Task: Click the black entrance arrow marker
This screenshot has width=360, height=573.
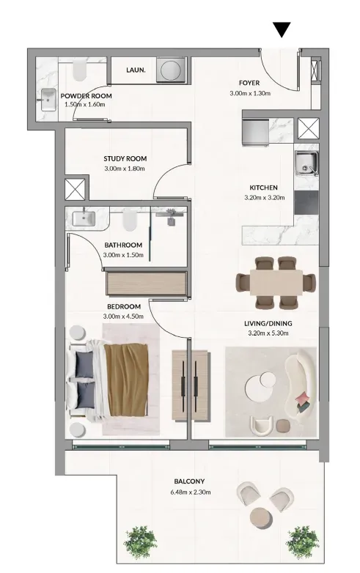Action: click(282, 29)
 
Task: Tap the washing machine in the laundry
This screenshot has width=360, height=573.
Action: click(171, 70)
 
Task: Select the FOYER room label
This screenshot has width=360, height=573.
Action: click(249, 83)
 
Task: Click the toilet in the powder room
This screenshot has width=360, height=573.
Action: click(79, 70)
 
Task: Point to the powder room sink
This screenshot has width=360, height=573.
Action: click(48, 99)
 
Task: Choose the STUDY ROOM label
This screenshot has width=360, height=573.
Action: click(125, 158)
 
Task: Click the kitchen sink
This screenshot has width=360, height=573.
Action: click(306, 163)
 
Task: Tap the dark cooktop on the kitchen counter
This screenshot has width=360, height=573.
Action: click(306, 202)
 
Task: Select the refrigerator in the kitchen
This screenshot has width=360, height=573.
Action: click(255, 133)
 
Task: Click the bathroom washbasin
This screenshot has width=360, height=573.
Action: click(84, 218)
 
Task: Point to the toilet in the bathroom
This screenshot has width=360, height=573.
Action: click(129, 220)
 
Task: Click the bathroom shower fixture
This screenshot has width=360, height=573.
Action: click(171, 216)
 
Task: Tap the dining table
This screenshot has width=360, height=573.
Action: click(276, 283)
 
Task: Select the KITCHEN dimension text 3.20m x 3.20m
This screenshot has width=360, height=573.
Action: click(264, 198)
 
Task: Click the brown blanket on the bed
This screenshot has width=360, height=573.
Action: click(126, 380)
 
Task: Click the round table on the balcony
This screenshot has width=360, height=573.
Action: click(261, 517)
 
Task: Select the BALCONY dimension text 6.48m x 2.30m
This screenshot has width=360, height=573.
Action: click(191, 492)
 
